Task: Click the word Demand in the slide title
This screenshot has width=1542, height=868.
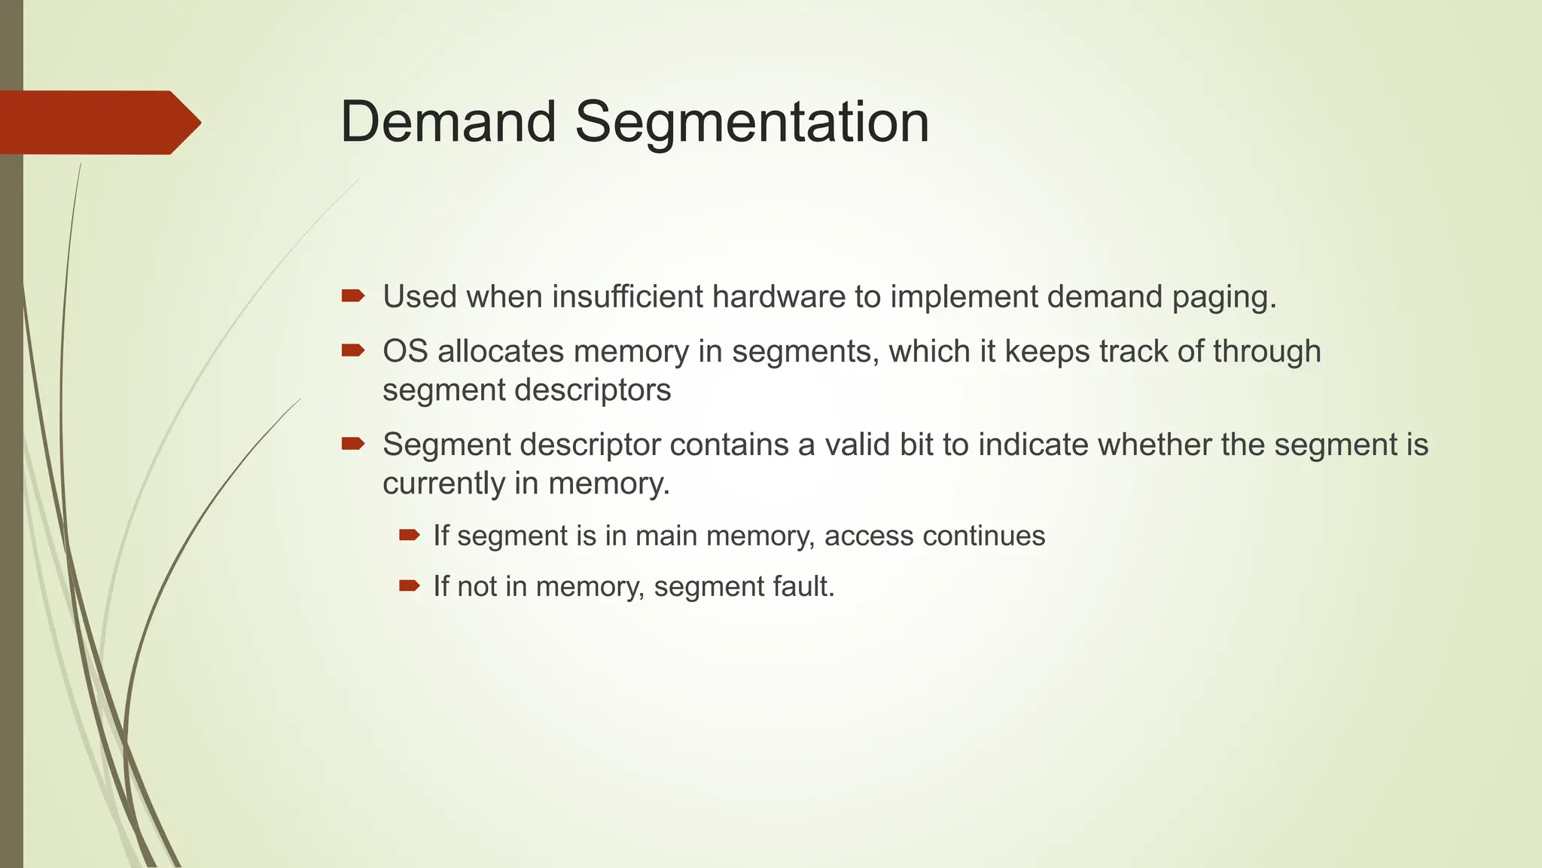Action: pyautogui.click(x=448, y=122)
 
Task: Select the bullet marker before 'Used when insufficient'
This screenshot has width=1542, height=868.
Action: pyautogui.click(x=352, y=296)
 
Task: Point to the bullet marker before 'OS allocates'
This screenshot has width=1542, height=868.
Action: pyautogui.click(x=352, y=350)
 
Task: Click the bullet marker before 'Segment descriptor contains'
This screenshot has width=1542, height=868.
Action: pyautogui.click(x=352, y=444)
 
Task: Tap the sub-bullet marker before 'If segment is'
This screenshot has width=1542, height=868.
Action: pyautogui.click(x=409, y=536)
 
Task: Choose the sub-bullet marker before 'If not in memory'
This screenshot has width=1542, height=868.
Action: pyautogui.click(x=409, y=585)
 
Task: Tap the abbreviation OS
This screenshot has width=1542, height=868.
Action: pyautogui.click(x=405, y=352)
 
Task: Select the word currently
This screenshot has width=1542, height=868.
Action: pyautogui.click(x=443, y=484)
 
